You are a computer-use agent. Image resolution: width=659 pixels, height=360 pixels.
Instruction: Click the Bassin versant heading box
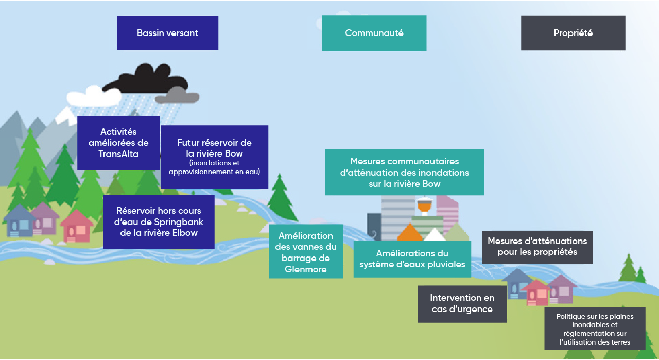pyautogui.click(x=167, y=33)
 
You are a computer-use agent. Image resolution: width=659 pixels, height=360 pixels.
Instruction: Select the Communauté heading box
pyautogui.click(x=374, y=33)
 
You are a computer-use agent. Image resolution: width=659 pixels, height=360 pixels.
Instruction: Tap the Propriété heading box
pyautogui.click(x=573, y=33)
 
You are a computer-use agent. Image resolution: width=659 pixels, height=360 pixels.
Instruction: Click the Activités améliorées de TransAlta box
pyautogui.click(x=118, y=143)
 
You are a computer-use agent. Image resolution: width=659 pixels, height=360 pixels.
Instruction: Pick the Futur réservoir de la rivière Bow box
pyautogui.click(x=214, y=157)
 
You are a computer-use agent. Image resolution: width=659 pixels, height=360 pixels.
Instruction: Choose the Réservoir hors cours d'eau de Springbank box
pyautogui.click(x=159, y=221)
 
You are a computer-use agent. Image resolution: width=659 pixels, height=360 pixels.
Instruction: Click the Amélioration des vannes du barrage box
pyautogui.click(x=306, y=251)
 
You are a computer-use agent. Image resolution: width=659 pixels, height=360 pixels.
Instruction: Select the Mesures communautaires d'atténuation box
pyautogui.click(x=405, y=173)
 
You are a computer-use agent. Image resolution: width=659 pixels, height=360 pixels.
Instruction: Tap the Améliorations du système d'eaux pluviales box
pyautogui.click(x=412, y=259)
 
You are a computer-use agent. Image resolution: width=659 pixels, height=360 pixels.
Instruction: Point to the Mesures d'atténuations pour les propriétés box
pyautogui.click(x=537, y=247)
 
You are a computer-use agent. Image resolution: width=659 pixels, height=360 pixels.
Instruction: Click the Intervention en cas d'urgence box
pyautogui.click(x=462, y=304)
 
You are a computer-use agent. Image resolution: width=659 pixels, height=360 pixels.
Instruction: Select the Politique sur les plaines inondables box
pyautogui.click(x=595, y=329)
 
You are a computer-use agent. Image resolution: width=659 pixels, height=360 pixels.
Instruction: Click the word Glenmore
pyautogui.click(x=306, y=269)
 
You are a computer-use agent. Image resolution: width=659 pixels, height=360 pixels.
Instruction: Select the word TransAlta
pyautogui.click(x=118, y=153)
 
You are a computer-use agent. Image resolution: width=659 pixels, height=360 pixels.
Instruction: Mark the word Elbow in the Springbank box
pyautogui.click(x=184, y=233)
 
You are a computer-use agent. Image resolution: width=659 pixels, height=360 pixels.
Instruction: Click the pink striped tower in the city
pyautogui.click(x=447, y=211)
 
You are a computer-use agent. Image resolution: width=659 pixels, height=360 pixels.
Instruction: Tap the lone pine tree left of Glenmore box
pyautogui.click(x=281, y=198)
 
